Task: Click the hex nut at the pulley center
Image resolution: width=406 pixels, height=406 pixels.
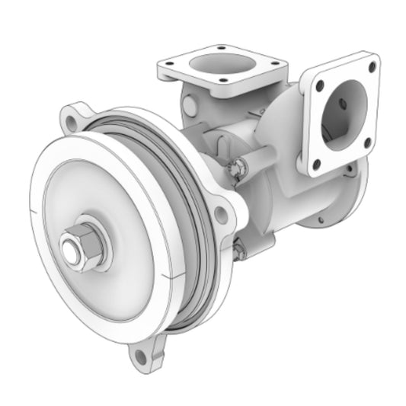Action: tap(83, 248)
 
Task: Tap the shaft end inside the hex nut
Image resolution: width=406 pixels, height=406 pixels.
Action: tap(75, 251)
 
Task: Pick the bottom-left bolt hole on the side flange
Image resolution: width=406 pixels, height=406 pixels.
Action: tap(316, 161)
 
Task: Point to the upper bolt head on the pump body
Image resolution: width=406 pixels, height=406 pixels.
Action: tap(238, 168)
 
